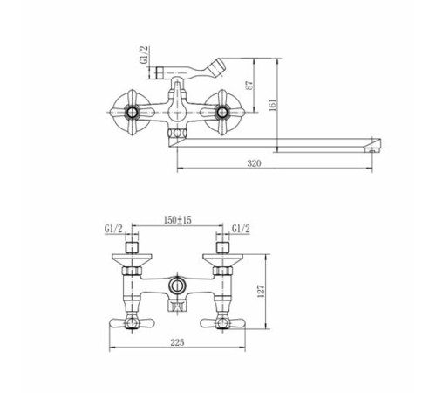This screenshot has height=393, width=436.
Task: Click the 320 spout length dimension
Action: tap(254, 163)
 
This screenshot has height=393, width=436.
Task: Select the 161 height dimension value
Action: tap(273, 105)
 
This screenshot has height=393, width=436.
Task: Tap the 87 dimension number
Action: tap(250, 85)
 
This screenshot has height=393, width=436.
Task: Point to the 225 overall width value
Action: tap(177, 342)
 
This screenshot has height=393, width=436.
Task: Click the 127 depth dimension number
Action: tap(261, 291)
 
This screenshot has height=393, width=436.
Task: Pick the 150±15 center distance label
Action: tap(178, 220)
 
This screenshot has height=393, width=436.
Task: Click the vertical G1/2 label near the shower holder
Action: tap(145, 55)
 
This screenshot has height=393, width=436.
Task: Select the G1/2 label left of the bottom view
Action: tap(113, 229)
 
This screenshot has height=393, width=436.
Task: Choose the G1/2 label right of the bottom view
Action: tap(241, 229)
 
